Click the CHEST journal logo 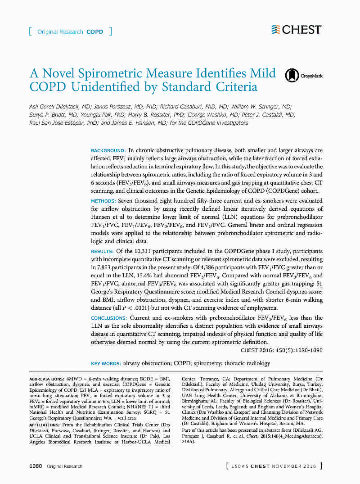point(297,30)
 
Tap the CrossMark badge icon point(292,76)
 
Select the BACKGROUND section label point(108,150)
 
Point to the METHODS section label point(103,201)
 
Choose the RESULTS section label point(102,251)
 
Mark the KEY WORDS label point(106,363)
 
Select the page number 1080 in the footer point(36,466)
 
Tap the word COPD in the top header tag point(95,32)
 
